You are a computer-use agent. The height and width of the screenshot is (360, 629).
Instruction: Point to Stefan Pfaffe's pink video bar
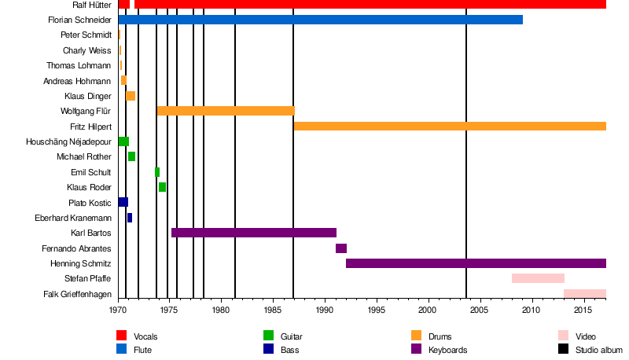[538, 278]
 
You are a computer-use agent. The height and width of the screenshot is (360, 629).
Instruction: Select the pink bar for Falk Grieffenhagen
[585, 294]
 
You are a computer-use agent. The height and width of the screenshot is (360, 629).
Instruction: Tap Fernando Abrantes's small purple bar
[341, 248]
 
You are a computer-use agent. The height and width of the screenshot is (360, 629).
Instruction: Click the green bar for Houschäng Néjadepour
[123, 141]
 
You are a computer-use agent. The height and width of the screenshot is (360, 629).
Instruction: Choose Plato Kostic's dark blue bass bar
[123, 202]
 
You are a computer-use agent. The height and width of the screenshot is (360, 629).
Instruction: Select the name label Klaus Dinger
[87, 96]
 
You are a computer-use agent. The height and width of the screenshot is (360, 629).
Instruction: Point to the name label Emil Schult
[90, 172]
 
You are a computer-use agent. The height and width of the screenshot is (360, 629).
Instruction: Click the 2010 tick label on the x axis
[532, 310]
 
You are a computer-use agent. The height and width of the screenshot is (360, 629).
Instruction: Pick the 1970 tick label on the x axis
[118, 310]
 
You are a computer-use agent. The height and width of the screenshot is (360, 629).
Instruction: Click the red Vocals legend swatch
[122, 336]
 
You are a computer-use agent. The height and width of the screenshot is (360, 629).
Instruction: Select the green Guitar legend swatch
[269, 336]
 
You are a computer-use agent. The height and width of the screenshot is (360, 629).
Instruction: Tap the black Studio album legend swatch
[564, 350]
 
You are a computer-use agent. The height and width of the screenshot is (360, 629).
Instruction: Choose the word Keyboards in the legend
[447, 350]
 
